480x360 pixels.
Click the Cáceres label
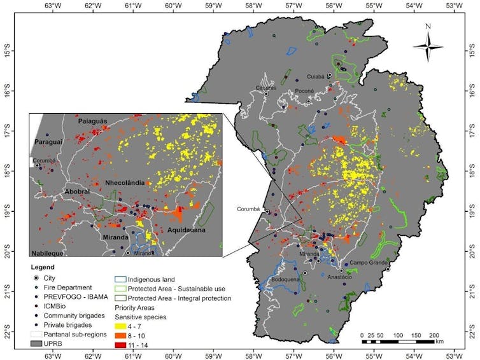pyautogui.click(x=266, y=88)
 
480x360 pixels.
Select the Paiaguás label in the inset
pyautogui.click(x=93, y=120)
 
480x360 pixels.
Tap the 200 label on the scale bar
pyautogui.click(x=434, y=335)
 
